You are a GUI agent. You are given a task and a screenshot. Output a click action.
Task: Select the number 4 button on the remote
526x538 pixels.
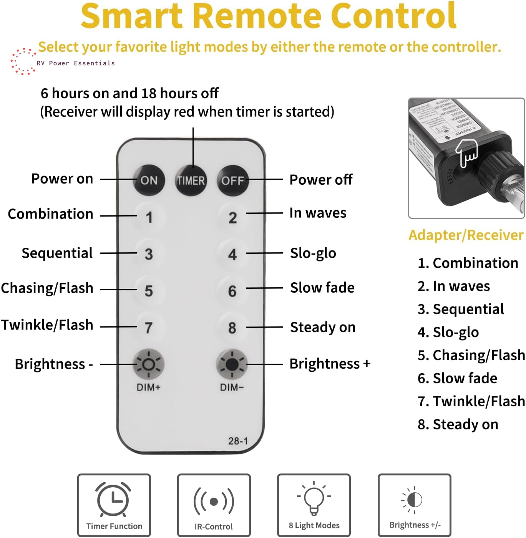point(232,254)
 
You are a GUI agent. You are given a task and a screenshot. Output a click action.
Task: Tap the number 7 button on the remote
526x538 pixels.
point(149,328)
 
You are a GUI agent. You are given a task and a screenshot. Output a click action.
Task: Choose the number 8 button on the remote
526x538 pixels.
point(232,328)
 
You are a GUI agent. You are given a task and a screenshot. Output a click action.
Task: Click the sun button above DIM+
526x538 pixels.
point(149,364)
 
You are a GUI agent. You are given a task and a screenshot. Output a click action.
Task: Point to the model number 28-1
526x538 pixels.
point(238,441)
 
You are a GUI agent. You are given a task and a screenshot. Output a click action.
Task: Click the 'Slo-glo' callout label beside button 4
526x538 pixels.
point(313,253)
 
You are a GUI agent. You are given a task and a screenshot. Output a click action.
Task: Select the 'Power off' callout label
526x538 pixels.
point(321,179)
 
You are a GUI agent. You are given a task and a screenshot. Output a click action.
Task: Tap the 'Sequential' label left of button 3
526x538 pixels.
point(57,253)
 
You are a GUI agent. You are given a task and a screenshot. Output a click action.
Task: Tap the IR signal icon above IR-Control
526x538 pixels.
point(214,501)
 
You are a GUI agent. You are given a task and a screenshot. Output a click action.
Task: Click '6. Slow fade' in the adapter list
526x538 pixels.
point(457,378)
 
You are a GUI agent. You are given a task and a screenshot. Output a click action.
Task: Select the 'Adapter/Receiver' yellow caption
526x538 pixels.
point(466,235)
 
